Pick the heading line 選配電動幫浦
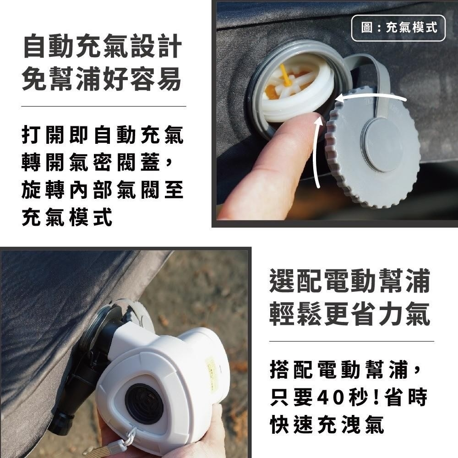pyautogui.click(x=350, y=281)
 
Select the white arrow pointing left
pyautogui.click(x=371, y=98)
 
